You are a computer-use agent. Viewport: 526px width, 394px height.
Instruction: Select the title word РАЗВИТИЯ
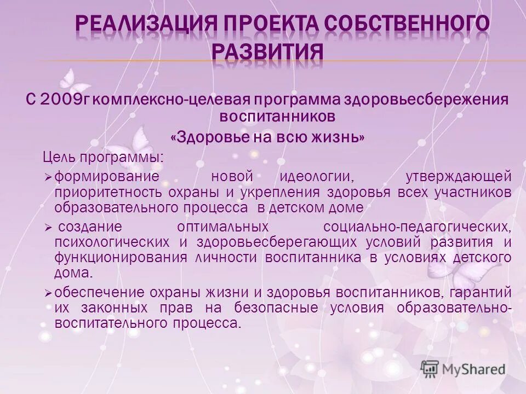(267, 52)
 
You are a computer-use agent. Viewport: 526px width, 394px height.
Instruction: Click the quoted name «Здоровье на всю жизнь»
(267, 137)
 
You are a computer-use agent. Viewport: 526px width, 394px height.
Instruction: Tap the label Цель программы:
(103, 157)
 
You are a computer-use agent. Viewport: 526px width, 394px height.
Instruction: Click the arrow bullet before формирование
(48, 177)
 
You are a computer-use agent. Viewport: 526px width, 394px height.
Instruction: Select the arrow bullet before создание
(48, 227)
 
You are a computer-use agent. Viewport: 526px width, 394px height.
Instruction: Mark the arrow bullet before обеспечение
(48, 293)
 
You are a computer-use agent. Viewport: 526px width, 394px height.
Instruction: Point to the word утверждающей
(459, 176)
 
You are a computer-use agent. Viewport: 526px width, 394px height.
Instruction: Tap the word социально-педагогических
(418, 226)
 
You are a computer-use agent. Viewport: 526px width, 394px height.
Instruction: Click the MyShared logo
(463, 369)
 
